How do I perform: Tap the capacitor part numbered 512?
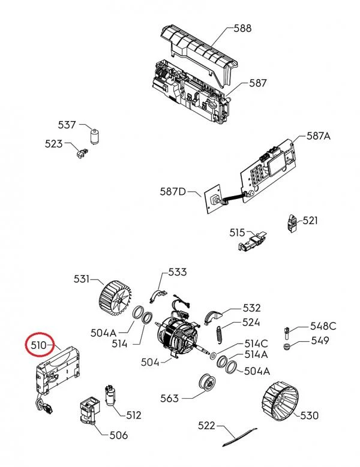click(110, 394)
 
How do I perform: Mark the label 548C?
click(323, 327)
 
